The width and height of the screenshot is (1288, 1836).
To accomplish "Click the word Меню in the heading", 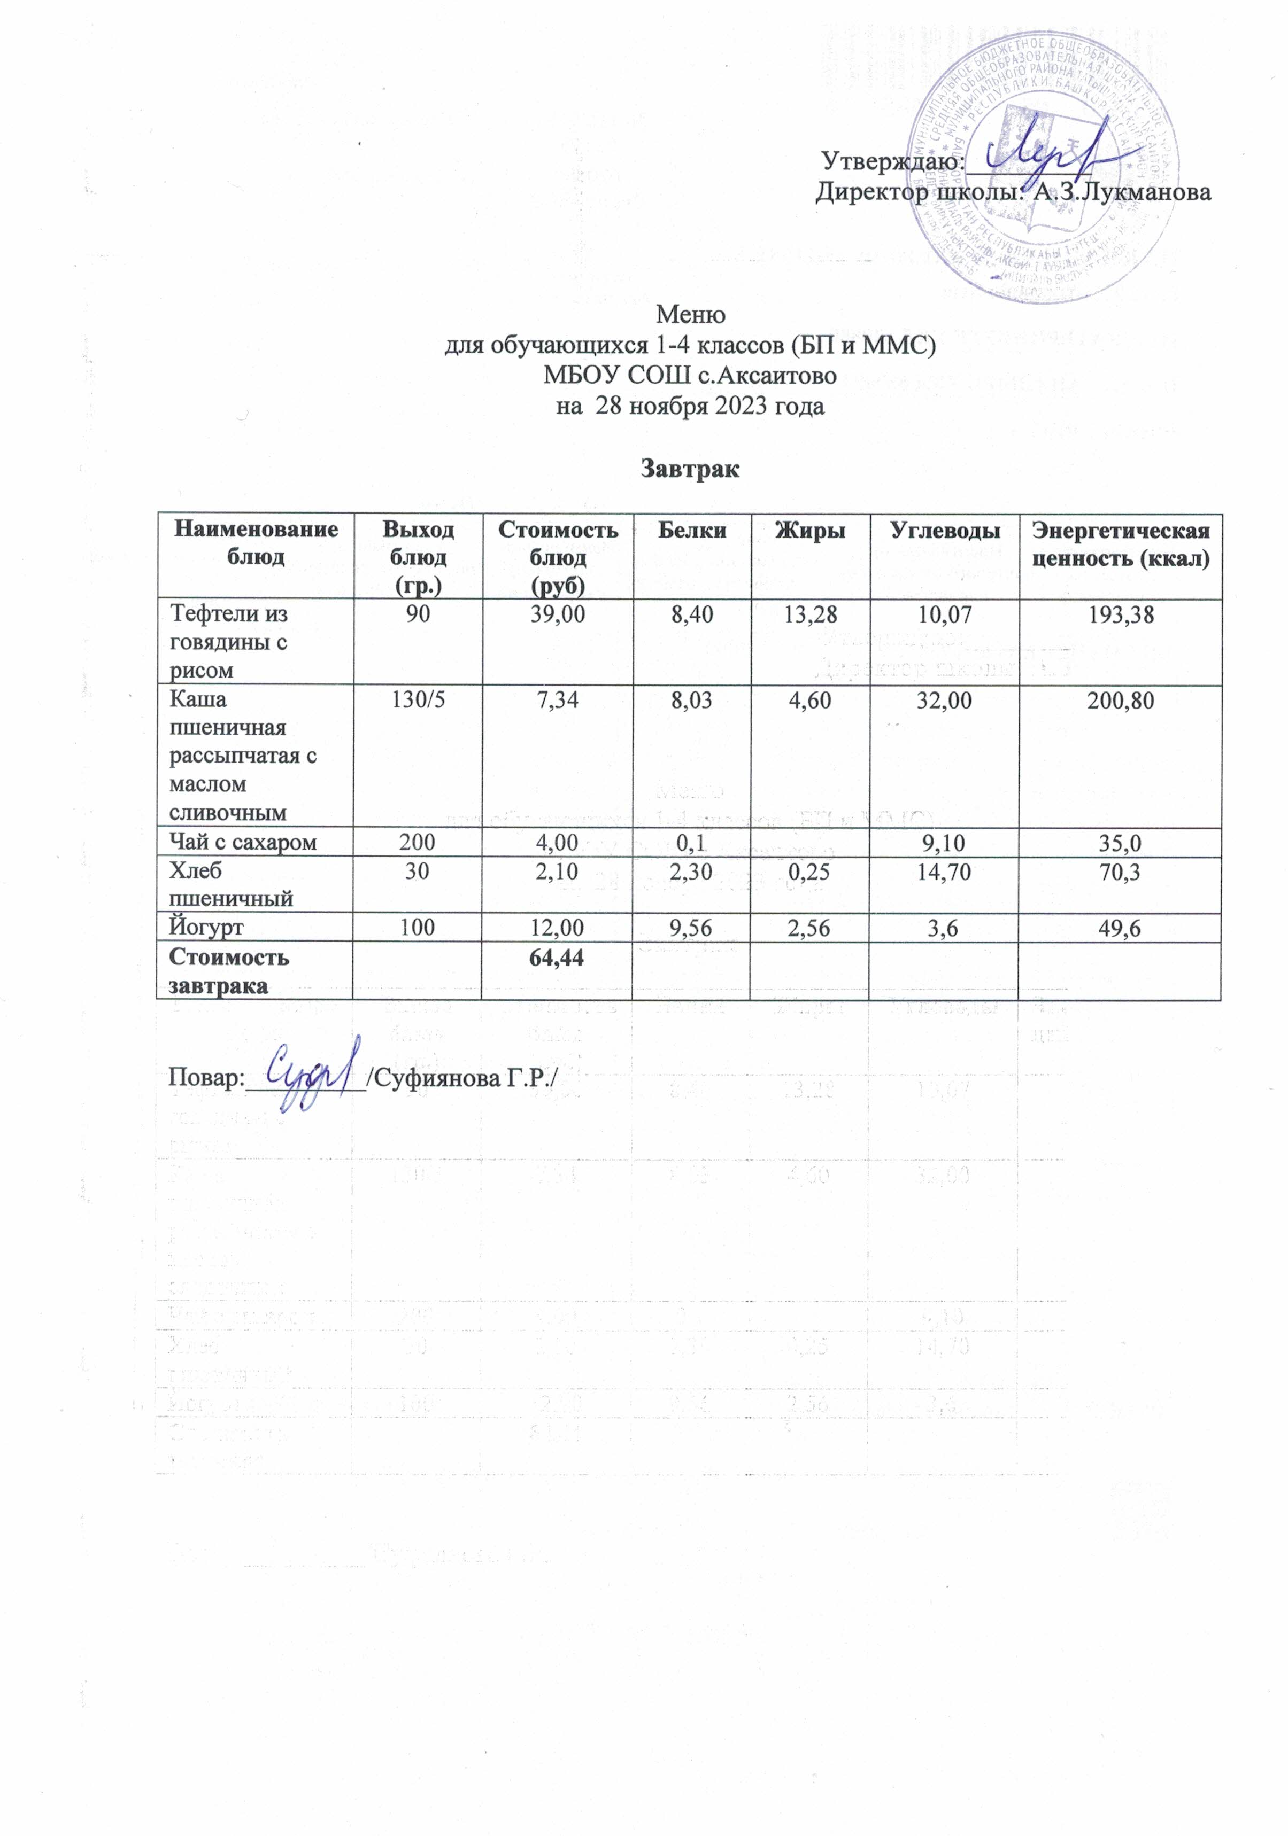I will click(x=690, y=314).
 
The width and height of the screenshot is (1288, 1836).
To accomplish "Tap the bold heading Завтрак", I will click(x=690, y=469).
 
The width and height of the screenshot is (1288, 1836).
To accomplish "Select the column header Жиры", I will click(x=809, y=530).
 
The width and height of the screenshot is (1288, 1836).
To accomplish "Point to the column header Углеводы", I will click(x=944, y=530).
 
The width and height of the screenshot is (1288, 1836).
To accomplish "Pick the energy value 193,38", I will click(x=1120, y=614).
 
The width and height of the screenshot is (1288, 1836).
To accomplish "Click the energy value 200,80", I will click(x=1120, y=701).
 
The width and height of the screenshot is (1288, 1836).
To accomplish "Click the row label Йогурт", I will click(x=206, y=928).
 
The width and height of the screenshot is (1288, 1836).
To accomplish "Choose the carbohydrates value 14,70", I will click(x=944, y=871).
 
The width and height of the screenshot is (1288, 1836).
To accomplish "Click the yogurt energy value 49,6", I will click(x=1120, y=928).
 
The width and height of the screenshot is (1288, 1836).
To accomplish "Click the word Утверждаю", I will click(x=891, y=161).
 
